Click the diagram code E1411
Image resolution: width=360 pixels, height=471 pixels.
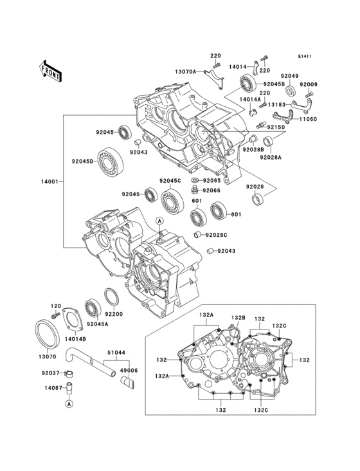304,56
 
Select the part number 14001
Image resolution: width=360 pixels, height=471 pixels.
50,182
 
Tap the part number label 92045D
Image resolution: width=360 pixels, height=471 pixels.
82,161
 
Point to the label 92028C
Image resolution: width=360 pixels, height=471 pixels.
217,235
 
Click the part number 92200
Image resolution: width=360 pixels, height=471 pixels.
114,315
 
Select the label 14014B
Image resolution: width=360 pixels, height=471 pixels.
75,338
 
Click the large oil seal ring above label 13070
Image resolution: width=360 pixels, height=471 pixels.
46,334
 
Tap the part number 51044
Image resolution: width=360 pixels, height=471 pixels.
115,353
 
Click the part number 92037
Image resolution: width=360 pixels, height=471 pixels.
50,373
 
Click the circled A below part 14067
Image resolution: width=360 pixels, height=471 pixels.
68,403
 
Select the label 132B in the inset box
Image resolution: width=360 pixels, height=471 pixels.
239,317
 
